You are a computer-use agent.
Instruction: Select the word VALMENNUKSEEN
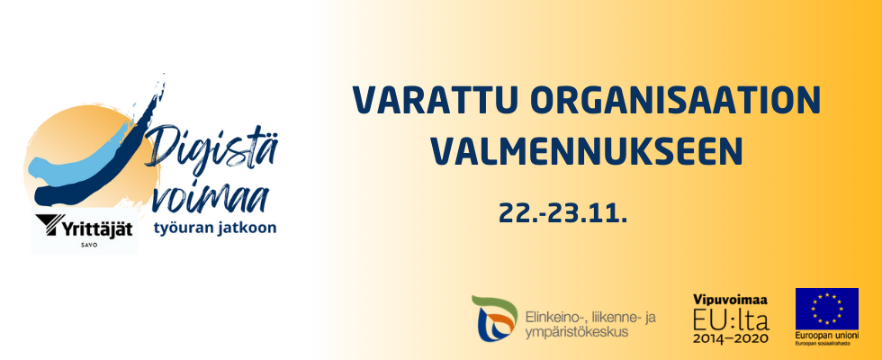coord(587,150)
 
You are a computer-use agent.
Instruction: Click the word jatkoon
coord(247,229)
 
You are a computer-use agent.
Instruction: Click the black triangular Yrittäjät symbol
coord(47,225)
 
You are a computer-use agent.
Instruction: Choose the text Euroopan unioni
coord(827,335)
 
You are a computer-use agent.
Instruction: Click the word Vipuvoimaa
coord(731,300)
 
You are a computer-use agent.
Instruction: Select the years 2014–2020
coord(731,338)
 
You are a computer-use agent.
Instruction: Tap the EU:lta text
coord(731,319)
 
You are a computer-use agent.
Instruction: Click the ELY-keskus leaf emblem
coord(494,319)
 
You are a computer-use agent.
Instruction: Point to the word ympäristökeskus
coord(576,332)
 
